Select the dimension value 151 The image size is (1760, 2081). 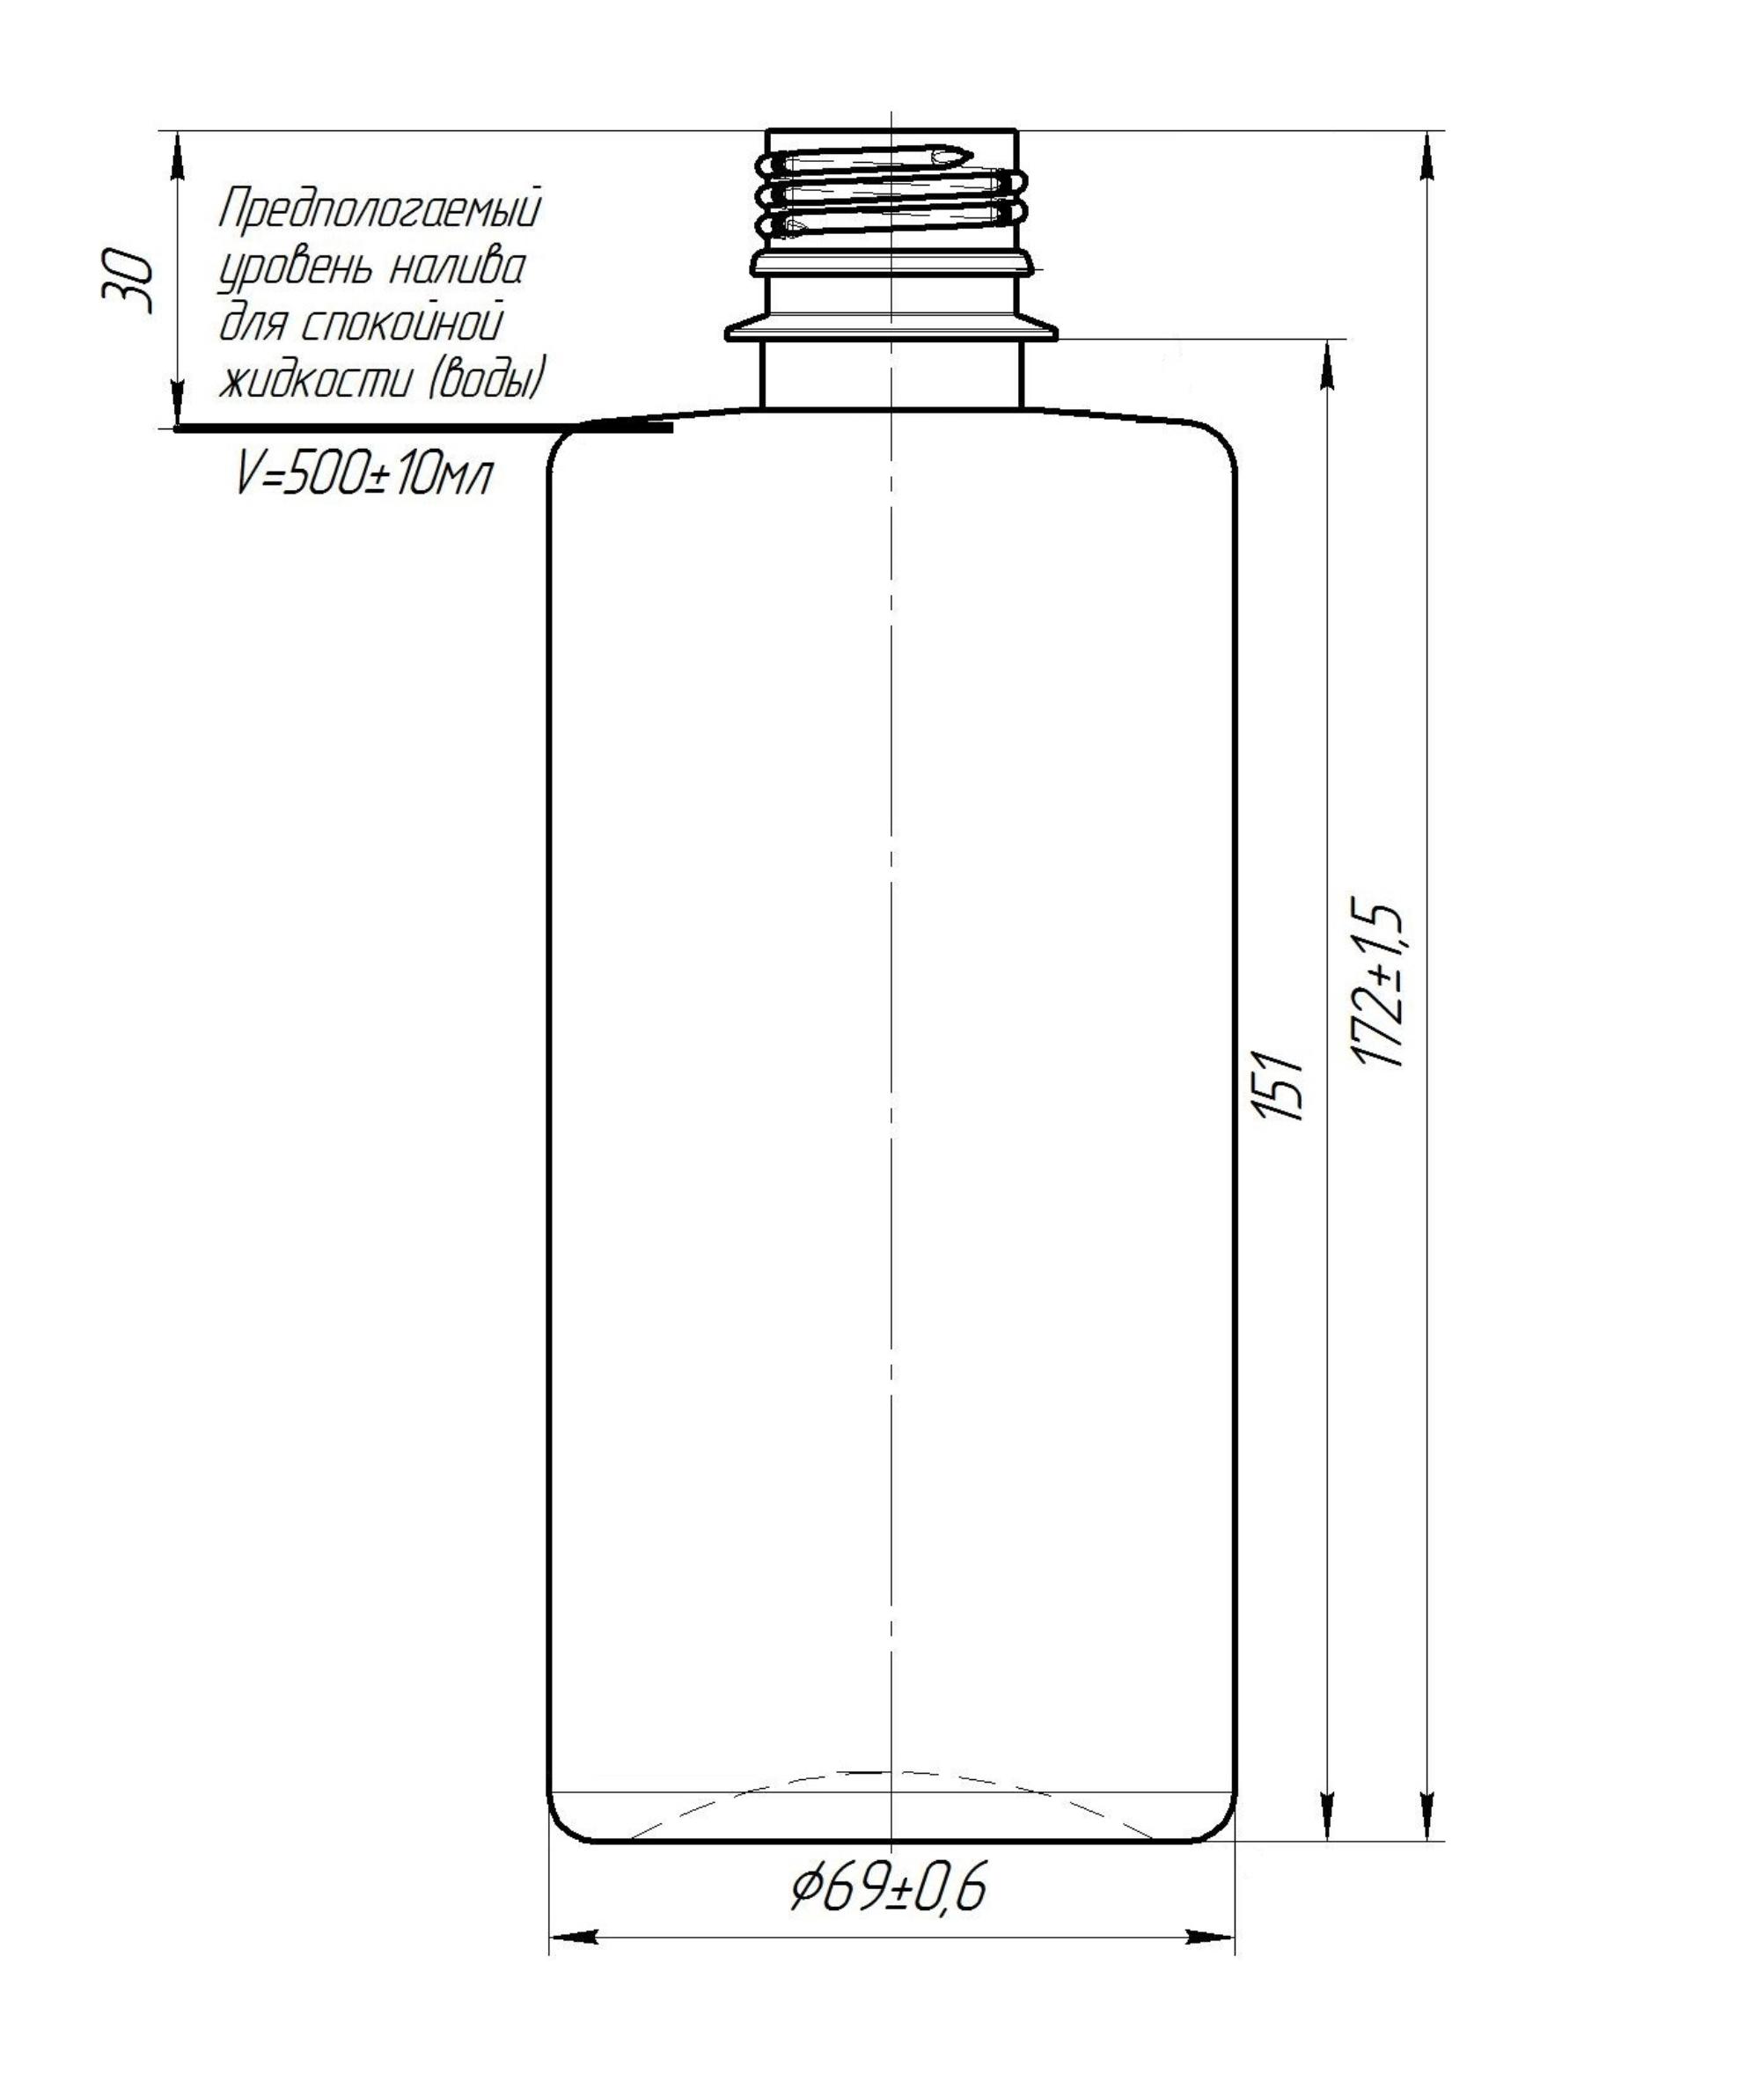tap(1282, 1086)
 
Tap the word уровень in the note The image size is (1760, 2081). tap(296, 270)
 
